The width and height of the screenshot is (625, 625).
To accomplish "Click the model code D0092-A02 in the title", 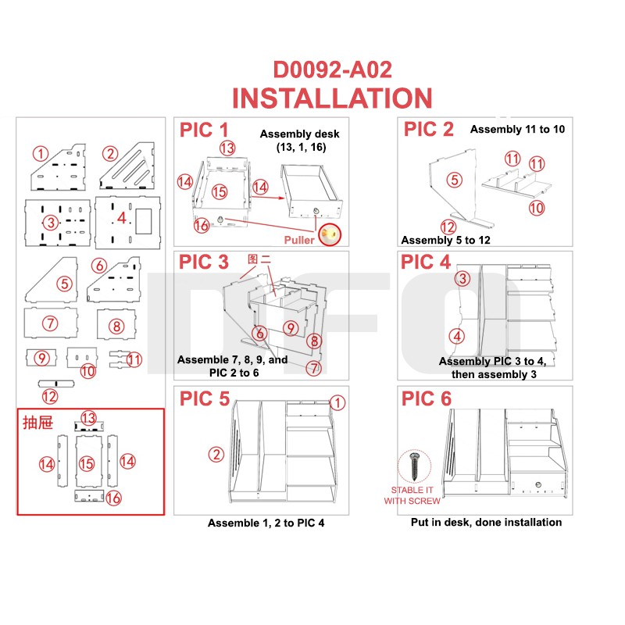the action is coord(333,70).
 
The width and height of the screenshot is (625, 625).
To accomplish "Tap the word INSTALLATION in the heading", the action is coord(332,98).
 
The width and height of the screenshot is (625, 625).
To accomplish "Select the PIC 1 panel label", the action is coord(204,130).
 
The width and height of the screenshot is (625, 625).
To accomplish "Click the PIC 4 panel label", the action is coord(426,262).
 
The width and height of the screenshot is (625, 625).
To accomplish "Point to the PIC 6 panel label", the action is coord(426,398).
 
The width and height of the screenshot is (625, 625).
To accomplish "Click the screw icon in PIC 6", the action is coord(415,466).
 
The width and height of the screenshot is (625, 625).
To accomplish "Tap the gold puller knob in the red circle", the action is coord(330,234).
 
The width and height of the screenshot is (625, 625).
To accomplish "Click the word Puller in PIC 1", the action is coord(299,240).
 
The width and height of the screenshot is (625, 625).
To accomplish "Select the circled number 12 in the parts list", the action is coord(50,396).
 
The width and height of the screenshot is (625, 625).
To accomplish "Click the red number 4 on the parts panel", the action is coord(122,218).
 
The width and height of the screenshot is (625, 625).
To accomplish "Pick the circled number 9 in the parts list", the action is coord(42,358).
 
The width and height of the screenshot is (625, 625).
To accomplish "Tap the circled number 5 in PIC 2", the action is coord(455,180).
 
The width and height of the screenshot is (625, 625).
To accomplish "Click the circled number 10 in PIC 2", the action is coord(537,208).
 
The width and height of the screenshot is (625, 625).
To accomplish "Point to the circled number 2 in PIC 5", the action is coord(216,455).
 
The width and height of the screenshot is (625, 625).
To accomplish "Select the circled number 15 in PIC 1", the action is coord(220,191).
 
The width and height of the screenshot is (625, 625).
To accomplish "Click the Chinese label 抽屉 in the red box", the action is coord(37,423).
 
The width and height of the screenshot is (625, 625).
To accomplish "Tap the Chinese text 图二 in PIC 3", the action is coord(259,259).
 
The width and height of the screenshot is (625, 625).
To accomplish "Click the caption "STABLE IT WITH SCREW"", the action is coord(412,495).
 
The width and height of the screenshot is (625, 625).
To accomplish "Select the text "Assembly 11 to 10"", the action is coord(517,129).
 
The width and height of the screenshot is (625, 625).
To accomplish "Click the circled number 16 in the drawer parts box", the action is coord(113,498).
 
